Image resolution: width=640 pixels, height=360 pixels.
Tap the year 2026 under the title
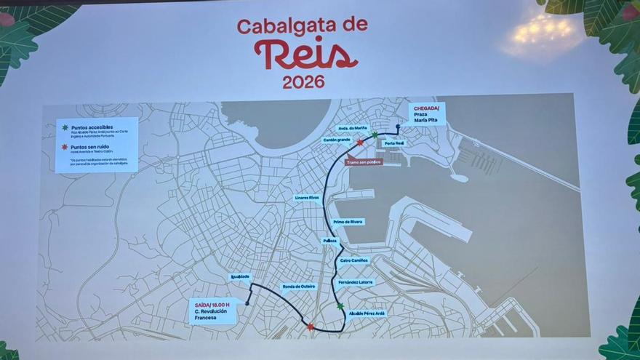[x=303, y=82]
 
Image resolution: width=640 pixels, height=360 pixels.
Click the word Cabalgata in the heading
[x=279, y=26]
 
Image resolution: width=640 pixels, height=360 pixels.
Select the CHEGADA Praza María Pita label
[x=426, y=114]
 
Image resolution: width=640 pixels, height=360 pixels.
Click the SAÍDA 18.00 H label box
[x=214, y=311]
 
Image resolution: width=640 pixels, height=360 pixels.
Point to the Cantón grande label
[x=337, y=140]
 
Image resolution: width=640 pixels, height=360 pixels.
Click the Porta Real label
[x=393, y=143]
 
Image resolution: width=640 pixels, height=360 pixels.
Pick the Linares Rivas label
[x=307, y=197]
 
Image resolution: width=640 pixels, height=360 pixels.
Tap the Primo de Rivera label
[x=348, y=222]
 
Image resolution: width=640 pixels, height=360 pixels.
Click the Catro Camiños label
[x=354, y=260]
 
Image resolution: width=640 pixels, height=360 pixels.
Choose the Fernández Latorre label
[x=356, y=281]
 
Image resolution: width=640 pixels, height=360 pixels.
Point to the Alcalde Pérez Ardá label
[x=367, y=313]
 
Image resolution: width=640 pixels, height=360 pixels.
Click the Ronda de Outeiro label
[x=298, y=286]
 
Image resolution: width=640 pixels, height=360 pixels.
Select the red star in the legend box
[x=65, y=146]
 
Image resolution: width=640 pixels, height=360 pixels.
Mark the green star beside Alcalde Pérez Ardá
[x=340, y=307]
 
